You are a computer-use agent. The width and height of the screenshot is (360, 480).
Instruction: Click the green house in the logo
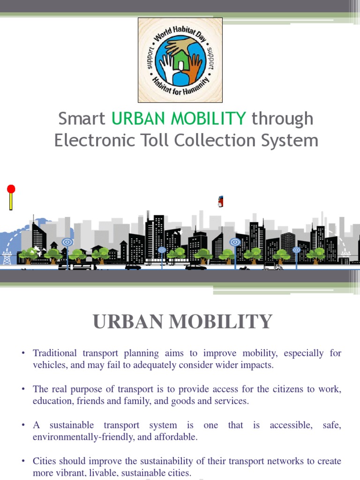pyautogui.click(x=180, y=59)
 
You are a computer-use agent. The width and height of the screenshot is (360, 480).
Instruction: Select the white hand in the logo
pyautogui.click(x=167, y=66)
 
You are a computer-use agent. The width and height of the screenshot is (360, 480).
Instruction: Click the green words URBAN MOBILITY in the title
pyautogui.click(x=179, y=119)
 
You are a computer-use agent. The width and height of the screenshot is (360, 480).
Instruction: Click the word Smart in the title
pyautogui.click(x=82, y=119)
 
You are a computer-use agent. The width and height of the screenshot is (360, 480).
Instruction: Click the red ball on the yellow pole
pyautogui.click(x=11, y=189)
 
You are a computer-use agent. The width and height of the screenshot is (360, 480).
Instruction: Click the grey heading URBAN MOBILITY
pyautogui.click(x=182, y=322)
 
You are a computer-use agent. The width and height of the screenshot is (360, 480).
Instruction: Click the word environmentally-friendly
pyautogui.click(x=77, y=437)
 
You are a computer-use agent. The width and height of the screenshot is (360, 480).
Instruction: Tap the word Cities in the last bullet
pyautogui.click(x=45, y=462)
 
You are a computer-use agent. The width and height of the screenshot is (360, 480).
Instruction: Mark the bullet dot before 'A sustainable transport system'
pyautogui.click(x=23, y=426)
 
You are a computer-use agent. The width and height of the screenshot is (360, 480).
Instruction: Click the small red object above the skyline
pyautogui.click(x=220, y=202)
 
